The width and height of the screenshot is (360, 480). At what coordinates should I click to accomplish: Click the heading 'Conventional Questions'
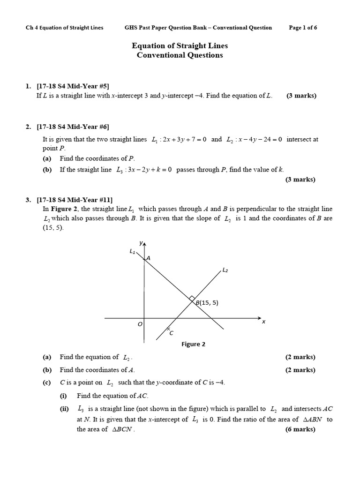click(x=180, y=55)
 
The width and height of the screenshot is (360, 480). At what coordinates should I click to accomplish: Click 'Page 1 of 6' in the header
click(x=303, y=28)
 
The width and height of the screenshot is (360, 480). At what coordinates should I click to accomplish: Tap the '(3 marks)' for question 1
click(x=301, y=96)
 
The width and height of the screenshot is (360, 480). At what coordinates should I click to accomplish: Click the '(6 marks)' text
click(x=300, y=429)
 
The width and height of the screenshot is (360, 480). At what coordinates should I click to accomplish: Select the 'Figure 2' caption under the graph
click(x=194, y=344)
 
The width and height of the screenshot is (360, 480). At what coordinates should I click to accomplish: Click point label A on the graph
click(x=148, y=258)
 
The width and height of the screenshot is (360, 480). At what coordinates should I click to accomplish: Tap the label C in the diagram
click(x=171, y=333)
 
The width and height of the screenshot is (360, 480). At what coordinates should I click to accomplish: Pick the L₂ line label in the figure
click(x=225, y=270)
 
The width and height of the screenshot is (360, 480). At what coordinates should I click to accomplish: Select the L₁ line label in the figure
click(x=132, y=252)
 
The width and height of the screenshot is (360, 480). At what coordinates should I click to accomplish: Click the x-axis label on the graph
click(x=263, y=321)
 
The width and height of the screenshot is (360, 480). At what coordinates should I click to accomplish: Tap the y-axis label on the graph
click(x=141, y=242)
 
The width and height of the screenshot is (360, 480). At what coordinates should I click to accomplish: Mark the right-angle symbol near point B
click(x=192, y=298)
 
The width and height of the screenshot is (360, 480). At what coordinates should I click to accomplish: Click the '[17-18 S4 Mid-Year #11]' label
click(x=75, y=200)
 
